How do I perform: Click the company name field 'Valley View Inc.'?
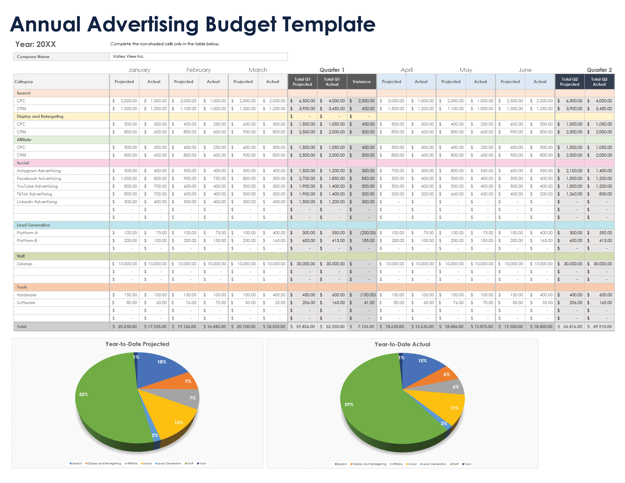coord(198,56)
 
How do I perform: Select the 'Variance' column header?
coord(361,82)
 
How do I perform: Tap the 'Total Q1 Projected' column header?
coord(302,82)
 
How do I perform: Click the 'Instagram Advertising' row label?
coord(39,170)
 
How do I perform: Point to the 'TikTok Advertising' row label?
coord(34,194)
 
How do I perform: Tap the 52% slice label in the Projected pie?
coord(84,394)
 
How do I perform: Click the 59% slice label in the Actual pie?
coord(349,404)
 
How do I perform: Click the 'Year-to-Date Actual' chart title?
coord(402,344)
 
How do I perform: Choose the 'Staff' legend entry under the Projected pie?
coord(189,463)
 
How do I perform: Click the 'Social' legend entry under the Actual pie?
coord(412,464)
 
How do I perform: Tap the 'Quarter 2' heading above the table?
coord(599,70)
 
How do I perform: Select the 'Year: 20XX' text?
coord(35,44)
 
